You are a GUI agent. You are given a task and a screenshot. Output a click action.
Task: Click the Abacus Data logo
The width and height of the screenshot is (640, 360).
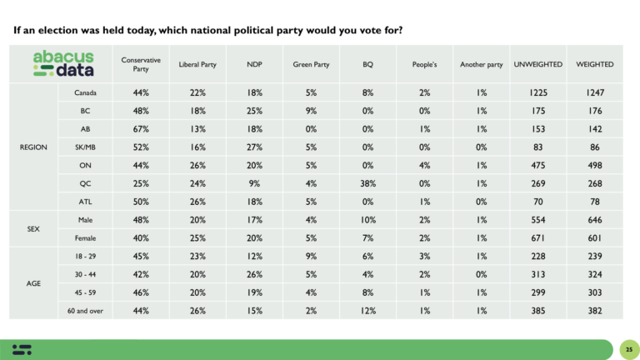coord(63,63)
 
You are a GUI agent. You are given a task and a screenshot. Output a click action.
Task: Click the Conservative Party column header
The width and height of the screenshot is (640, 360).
coord(141,64)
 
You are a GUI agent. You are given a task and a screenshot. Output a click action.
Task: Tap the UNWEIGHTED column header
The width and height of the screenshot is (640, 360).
coord(537,64)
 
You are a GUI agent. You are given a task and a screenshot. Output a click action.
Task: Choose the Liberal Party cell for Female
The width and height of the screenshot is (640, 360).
coord(197,237)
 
